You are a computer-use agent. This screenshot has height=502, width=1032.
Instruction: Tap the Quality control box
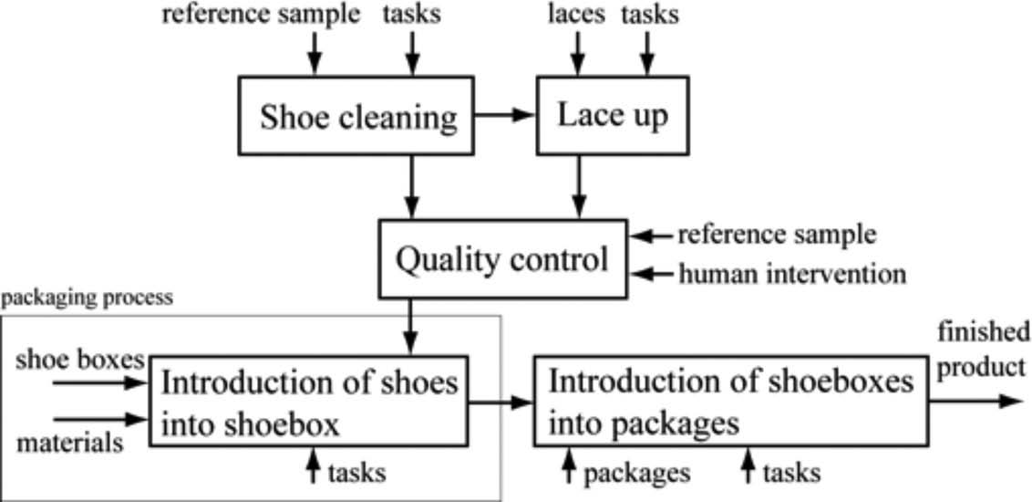tap(501, 259)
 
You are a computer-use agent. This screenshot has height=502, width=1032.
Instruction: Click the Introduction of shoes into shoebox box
tap(308, 401)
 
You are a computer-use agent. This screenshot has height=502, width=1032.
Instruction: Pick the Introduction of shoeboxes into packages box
tap(729, 401)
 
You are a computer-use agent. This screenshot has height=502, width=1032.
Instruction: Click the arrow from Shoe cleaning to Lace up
tap(505, 115)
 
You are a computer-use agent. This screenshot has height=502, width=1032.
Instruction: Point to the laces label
tap(576, 15)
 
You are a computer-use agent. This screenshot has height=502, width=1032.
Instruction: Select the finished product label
tap(984, 348)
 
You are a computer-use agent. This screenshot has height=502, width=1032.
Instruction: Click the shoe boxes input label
tap(80, 360)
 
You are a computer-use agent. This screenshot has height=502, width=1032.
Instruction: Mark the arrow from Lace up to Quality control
tap(576, 186)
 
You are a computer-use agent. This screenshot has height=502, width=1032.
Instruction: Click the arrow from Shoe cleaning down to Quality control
tap(413, 186)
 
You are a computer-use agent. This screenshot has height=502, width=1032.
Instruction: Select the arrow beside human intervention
tap(653, 273)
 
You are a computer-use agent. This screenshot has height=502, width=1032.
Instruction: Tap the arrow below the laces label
tap(576, 53)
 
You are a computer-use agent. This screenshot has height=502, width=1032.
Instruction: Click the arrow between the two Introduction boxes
tap(501, 401)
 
